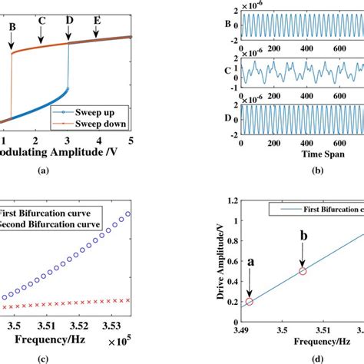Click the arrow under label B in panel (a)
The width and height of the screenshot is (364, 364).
coord(12,44)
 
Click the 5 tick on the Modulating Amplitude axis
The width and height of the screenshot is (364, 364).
coord(131,141)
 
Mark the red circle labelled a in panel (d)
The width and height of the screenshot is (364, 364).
coord(249,302)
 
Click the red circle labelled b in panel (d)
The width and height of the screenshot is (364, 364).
coord(303,271)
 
